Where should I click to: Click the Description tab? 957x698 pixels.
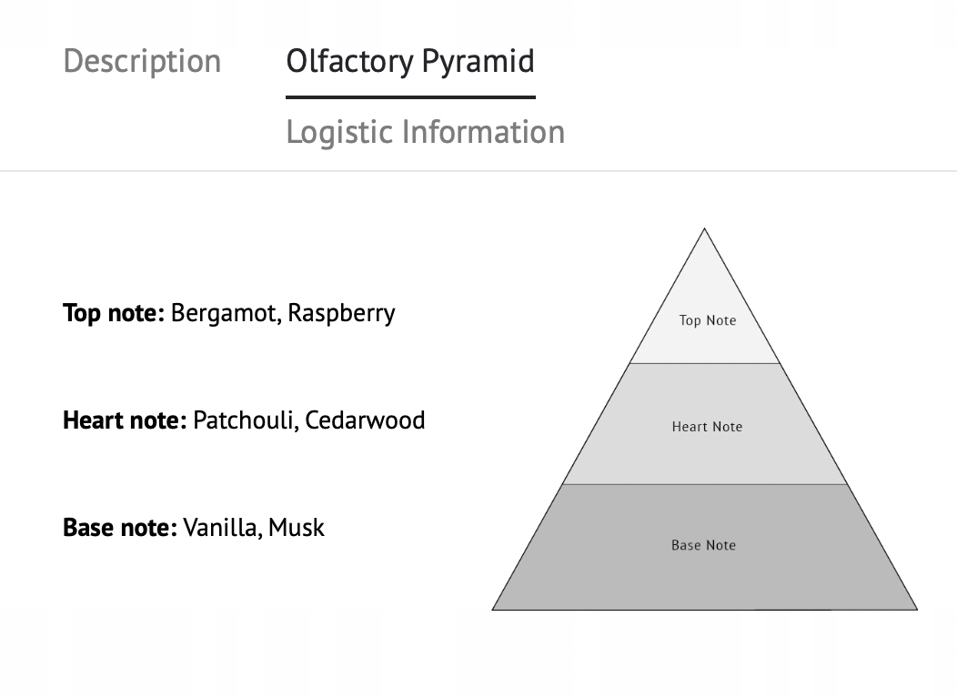coord(142,61)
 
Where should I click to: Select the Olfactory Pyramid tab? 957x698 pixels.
coord(410,61)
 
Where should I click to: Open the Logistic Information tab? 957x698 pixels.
coord(426,132)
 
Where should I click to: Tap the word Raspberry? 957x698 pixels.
coord(341,314)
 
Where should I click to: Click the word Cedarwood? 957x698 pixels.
coord(365,420)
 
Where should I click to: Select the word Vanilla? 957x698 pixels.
coord(222,528)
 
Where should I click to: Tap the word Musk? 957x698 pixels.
coord(296,528)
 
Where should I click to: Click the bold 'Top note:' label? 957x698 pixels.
coord(114,313)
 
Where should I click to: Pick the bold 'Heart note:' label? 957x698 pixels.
coord(126,420)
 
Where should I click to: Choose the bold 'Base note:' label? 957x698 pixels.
coord(120,528)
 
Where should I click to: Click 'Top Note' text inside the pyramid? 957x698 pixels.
coord(708,320)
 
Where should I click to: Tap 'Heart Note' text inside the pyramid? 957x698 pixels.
coord(708,426)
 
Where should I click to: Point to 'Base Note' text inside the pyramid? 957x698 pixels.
coord(704,545)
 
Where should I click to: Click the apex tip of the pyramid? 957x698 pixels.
coord(704,229)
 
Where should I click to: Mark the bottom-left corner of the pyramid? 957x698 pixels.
coord(492,610)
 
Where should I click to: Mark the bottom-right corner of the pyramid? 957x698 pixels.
coord(917,610)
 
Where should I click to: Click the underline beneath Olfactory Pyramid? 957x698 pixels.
coord(411,97)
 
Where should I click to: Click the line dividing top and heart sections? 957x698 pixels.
coord(705,363)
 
